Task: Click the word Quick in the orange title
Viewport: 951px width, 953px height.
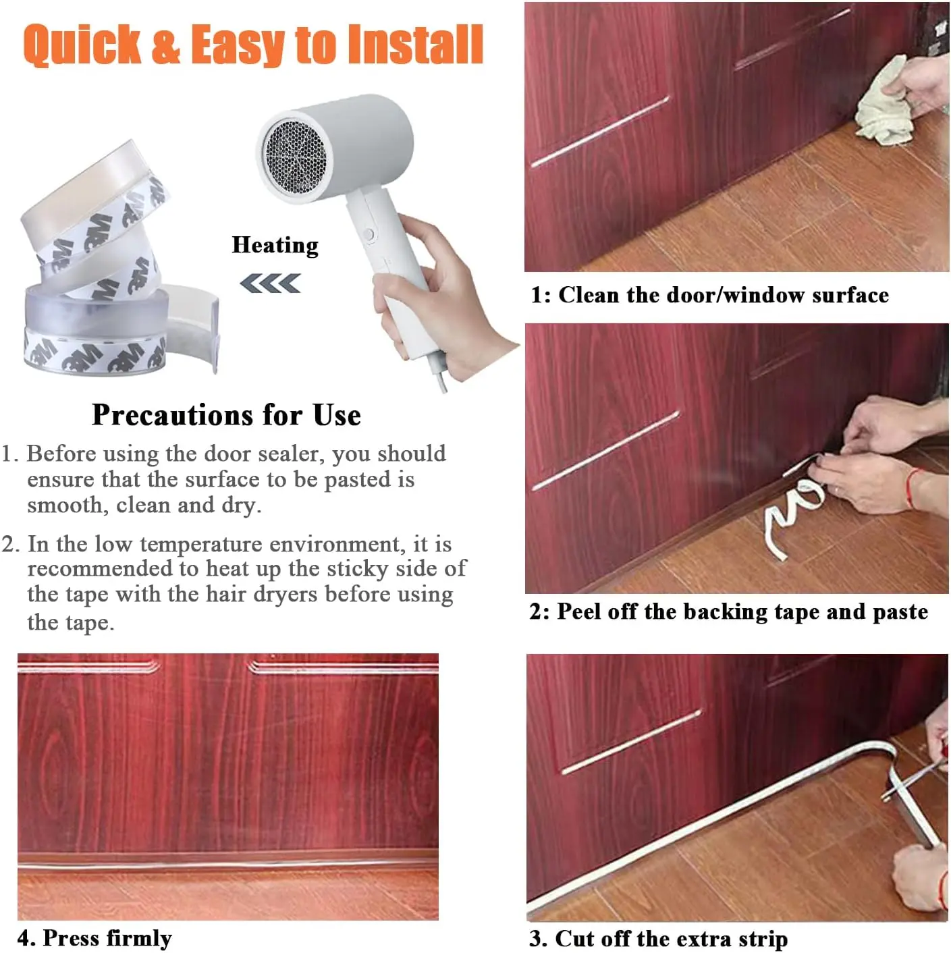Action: (82, 45)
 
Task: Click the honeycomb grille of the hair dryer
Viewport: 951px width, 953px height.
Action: (295, 157)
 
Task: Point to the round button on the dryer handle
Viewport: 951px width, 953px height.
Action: (369, 234)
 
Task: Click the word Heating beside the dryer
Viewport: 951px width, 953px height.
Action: (275, 245)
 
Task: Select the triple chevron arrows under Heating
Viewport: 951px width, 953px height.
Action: (270, 283)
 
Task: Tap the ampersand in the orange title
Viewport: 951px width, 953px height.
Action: (166, 45)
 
